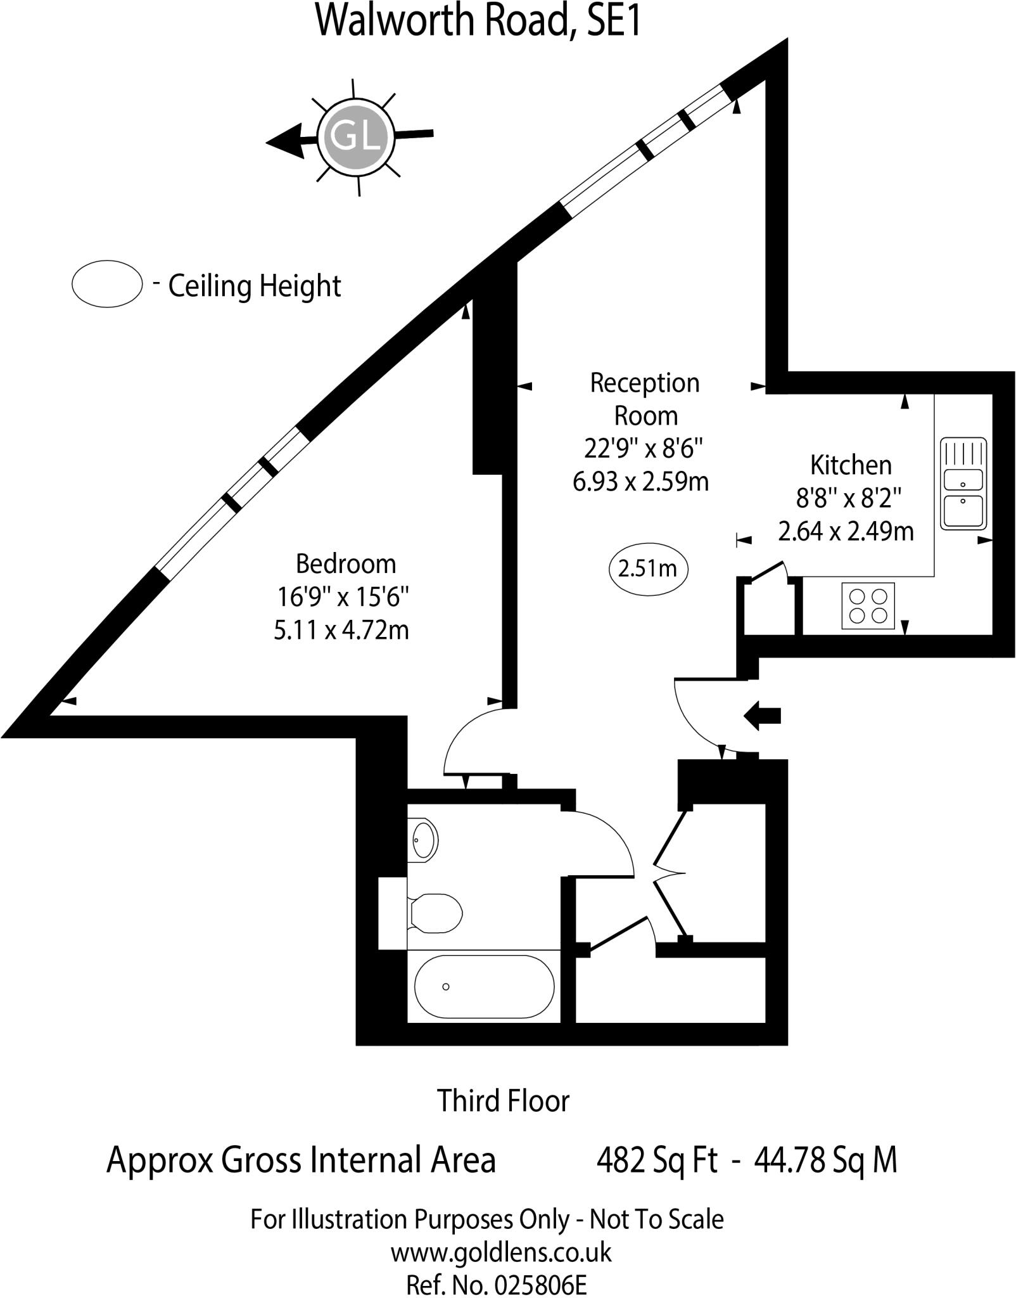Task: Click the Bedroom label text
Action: tap(346, 563)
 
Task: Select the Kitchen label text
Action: tap(851, 465)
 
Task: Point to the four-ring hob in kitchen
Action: tap(868, 606)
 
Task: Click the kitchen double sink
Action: tap(963, 483)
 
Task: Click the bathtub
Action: tap(484, 986)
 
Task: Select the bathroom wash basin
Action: tap(423, 840)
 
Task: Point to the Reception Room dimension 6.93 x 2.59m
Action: tap(640, 482)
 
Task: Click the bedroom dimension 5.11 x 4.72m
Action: tap(341, 631)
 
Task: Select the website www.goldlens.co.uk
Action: tap(500, 1252)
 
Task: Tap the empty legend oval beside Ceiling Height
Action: tap(106, 284)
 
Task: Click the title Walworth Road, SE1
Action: tap(479, 20)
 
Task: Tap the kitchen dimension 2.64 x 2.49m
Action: tap(846, 531)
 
